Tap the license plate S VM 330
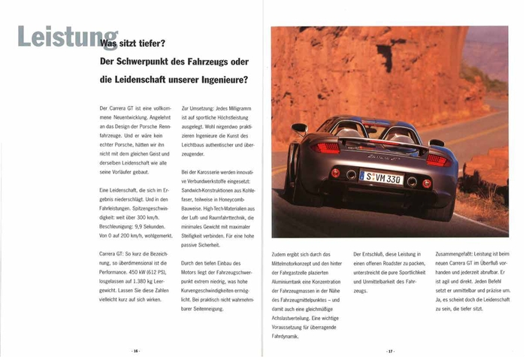coord(381,177)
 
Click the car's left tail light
coord(325,148)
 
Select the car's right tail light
coord(437,159)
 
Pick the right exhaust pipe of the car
coord(412,180)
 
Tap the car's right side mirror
coord(437,143)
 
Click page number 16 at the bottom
coord(136,351)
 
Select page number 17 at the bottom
coord(390,351)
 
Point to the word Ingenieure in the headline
coord(224,79)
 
